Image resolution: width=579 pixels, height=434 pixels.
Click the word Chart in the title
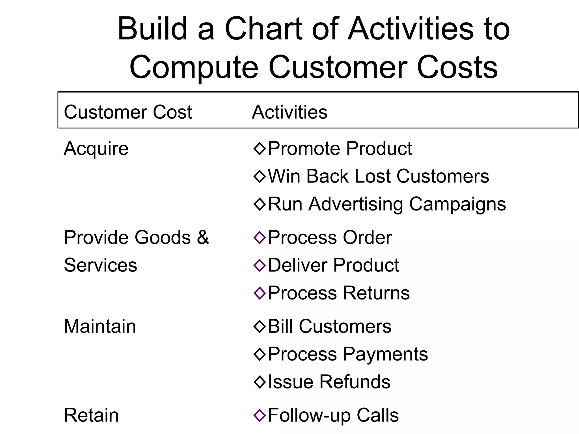pos(263,29)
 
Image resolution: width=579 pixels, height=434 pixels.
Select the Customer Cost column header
pos(128,112)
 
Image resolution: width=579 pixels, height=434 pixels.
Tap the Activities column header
pos(289,112)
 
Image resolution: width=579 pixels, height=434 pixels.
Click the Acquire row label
pos(96,149)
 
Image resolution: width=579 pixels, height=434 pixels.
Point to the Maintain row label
pos(100,326)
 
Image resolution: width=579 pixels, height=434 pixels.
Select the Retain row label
pos(91,415)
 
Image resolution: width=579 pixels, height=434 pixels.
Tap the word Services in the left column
pos(100,265)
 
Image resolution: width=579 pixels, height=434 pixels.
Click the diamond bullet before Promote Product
pos(260,149)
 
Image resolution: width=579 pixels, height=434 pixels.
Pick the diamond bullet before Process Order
pos(260,237)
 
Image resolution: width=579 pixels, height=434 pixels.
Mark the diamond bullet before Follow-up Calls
pos(260,415)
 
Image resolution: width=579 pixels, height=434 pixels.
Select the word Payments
pos(386,354)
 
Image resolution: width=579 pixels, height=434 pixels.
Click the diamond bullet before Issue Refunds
pos(260,382)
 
